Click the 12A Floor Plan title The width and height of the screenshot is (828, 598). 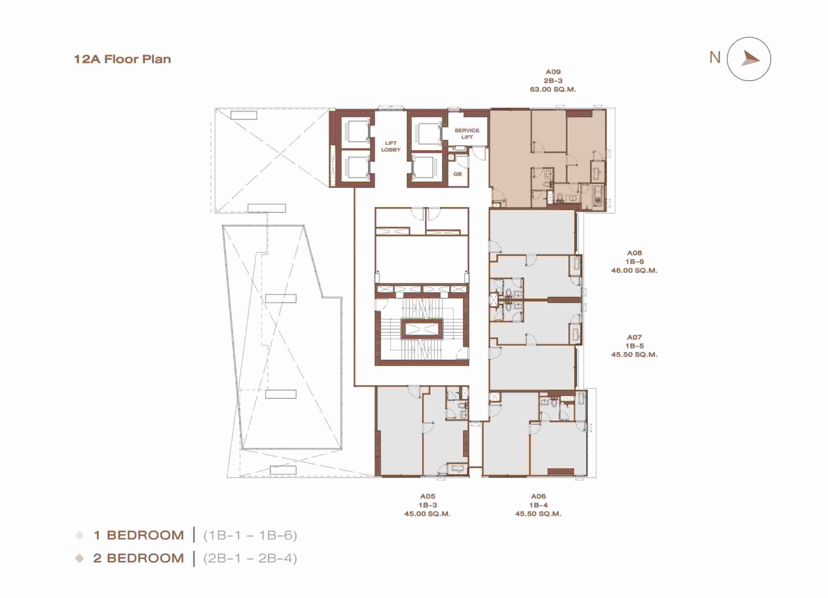[x=122, y=59]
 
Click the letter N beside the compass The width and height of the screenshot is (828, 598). [x=715, y=58]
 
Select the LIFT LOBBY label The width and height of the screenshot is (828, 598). [x=391, y=147]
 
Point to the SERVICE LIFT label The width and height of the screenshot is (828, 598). [x=467, y=134]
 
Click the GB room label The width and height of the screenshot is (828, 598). [x=457, y=174]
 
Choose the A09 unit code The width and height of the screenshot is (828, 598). [x=553, y=72]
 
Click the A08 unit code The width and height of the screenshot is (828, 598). [x=634, y=253]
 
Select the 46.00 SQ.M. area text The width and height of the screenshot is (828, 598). [x=634, y=270]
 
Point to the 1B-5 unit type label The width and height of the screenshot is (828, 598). [x=635, y=346]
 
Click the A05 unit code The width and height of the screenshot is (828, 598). [x=428, y=496]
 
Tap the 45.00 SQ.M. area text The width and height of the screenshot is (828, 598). [x=427, y=514]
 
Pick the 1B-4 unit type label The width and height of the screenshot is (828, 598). [x=539, y=505]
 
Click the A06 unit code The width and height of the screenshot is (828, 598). [x=539, y=496]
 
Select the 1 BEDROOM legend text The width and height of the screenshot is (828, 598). [x=139, y=535]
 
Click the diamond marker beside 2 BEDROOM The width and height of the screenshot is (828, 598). [x=79, y=558]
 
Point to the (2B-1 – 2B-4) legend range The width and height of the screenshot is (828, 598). [x=250, y=558]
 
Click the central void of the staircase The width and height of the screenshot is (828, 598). [x=422, y=329]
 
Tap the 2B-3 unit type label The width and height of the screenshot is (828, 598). [x=553, y=81]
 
